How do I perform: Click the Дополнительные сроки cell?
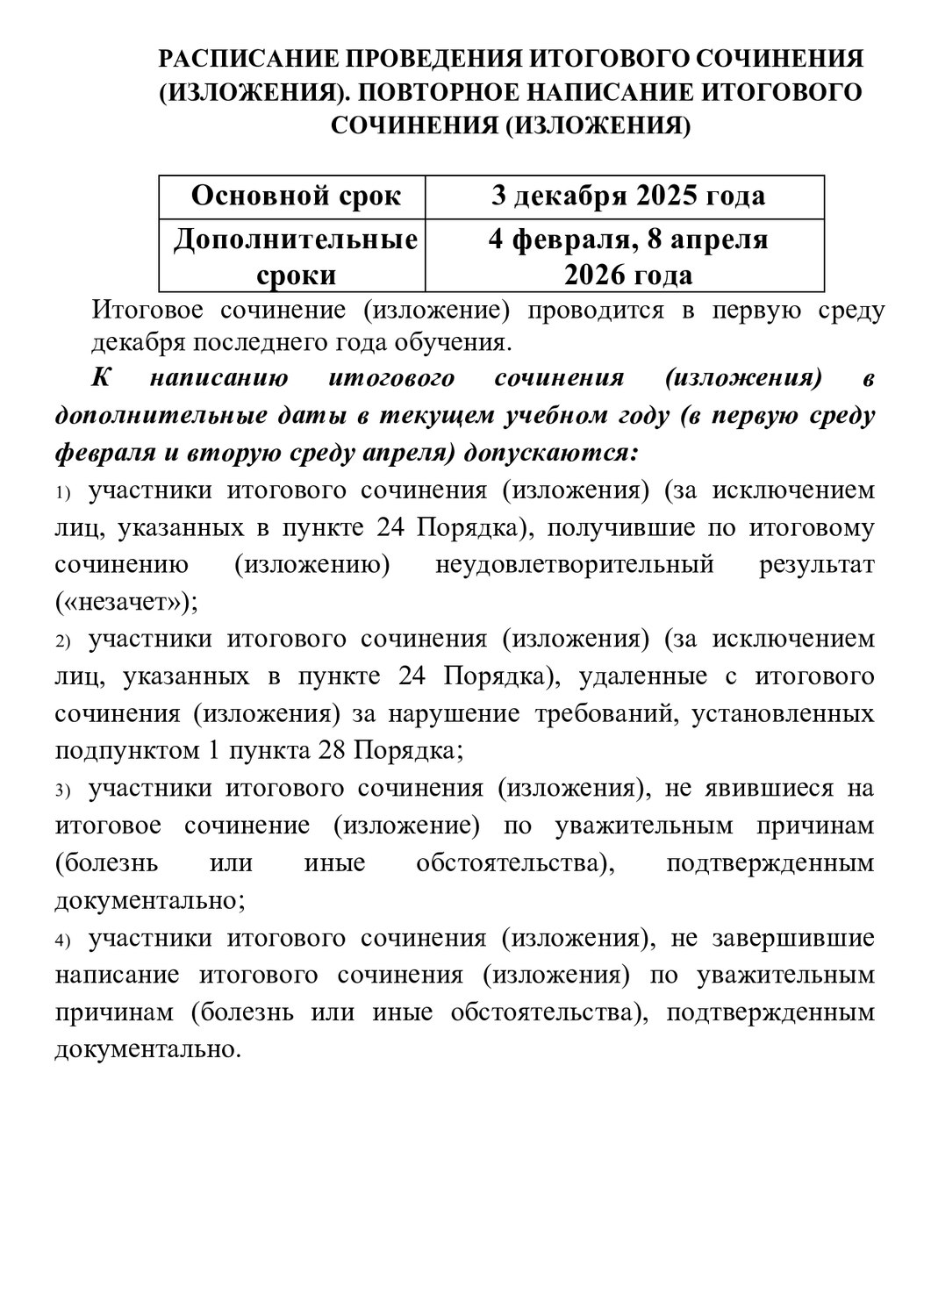click(x=296, y=256)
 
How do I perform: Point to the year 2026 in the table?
click(x=598, y=275)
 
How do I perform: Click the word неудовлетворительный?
click(x=574, y=565)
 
